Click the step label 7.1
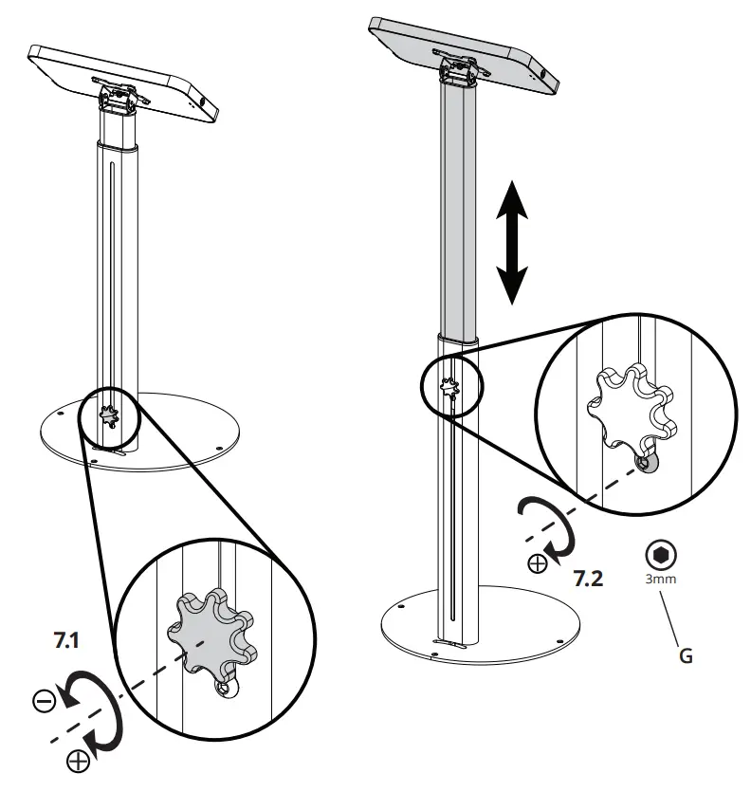tap(67, 641)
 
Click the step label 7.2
tap(588, 578)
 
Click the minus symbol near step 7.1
tap(44, 701)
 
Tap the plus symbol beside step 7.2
tap(538, 565)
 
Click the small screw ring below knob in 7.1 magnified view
tap(225, 689)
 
